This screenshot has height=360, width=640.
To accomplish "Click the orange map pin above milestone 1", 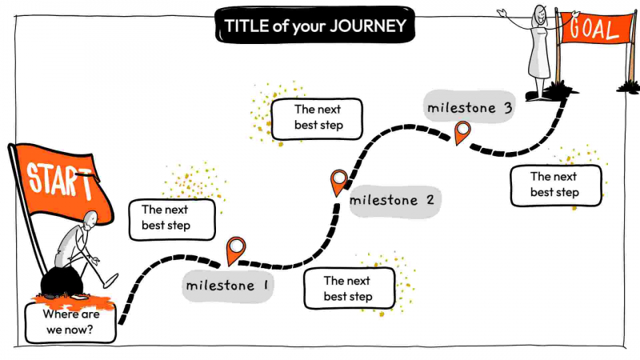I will pyautogui.click(x=235, y=250).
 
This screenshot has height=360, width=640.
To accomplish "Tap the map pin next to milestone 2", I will pyautogui.click(x=339, y=182).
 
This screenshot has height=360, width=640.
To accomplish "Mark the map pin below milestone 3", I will pyautogui.click(x=462, y=132).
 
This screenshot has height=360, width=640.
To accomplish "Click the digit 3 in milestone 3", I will pyautogui.click(x=507, y=107).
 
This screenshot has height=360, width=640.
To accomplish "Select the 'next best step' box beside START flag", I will pyautogui.click(x=171, y=218).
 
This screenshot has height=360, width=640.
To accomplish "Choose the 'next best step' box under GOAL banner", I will pyautogui.click(x=555, y=185).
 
